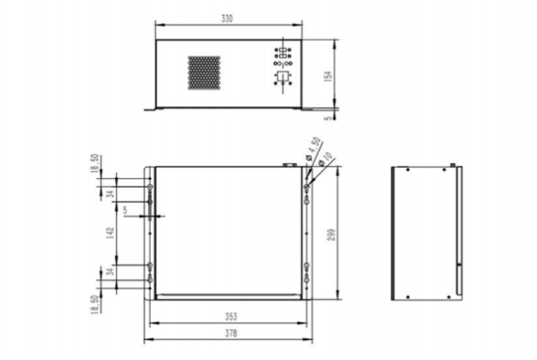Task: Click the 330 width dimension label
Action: point(228,19)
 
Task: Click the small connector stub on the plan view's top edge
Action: point(285,163)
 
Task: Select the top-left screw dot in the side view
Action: point(406,171)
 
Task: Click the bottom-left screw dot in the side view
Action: point(406,294)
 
